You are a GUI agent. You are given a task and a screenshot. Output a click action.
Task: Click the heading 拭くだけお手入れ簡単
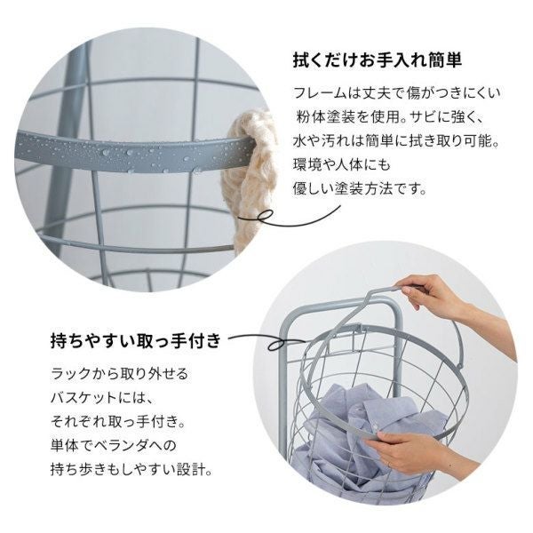point(378,60)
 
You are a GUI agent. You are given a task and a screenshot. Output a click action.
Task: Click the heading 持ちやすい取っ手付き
point(136,341)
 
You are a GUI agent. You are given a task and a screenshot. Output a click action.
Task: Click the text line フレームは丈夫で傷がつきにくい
point(397,93)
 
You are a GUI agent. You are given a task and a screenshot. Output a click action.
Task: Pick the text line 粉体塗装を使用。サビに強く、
point(388,117)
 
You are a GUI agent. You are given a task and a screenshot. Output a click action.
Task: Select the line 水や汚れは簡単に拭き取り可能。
point(396,141)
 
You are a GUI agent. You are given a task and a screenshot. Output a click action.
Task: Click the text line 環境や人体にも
point(342,165)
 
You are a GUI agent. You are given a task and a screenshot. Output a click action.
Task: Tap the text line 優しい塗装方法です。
point(360,189)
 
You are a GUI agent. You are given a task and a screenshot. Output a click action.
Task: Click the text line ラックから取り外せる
point(119,374)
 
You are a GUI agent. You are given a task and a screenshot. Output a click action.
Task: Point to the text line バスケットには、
point(102,398)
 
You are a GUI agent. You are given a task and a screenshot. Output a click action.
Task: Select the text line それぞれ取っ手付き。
point(119,422)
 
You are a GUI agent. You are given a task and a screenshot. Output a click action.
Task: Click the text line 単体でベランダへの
point(114,446)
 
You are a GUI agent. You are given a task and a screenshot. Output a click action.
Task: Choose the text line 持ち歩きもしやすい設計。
point(131,470)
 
